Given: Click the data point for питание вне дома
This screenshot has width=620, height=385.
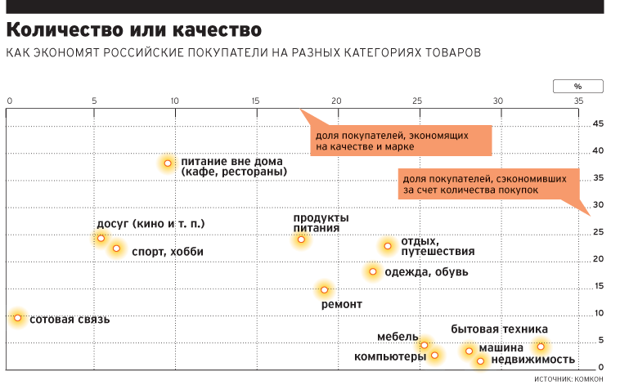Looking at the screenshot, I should tap(168, 163).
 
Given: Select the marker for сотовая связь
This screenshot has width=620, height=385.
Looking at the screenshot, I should tap(17, 318).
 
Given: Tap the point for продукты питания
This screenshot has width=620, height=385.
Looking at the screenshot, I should tap(301, 240).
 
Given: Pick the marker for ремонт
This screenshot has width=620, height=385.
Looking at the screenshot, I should tap(324, 289).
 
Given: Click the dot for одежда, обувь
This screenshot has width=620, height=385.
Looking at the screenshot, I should tap(373, 271).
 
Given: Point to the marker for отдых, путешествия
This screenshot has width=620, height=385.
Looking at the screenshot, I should tap(388, 245).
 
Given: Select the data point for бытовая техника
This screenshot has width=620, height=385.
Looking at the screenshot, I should tap(540, 347).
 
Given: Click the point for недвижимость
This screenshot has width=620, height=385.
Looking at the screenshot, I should tap(480, 360).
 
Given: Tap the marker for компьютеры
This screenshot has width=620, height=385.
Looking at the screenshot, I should tap(434, 355).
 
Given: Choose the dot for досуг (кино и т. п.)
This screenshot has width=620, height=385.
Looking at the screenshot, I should tap(101, 238).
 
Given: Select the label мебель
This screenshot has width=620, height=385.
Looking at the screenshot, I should tap(398, 337).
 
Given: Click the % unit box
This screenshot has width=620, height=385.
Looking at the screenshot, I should tap(577, 85).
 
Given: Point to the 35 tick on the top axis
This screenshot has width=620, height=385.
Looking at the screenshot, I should tap(578, 101).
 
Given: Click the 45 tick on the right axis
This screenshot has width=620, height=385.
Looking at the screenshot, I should tap(598, 123).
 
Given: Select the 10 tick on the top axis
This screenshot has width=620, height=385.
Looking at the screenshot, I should tap(174, 101).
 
